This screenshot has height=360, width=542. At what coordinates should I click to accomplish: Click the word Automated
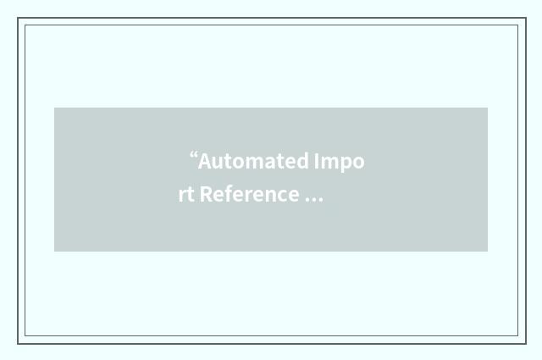pyautogui.click(x=254, y=161)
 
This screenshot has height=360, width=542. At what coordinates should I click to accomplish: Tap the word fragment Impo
pyautogui.click(x=340, y=161)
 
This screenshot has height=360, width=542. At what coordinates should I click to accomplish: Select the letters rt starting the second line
pyautogui.click(x=186, y=194)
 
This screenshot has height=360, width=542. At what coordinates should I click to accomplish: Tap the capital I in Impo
pyautogui.click(x=318, y=161)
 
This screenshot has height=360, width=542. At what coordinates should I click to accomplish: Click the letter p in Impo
pyautogui.click(x=346, y=163)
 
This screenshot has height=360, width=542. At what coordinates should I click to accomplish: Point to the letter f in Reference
pyautogui.click(x=227, y=193)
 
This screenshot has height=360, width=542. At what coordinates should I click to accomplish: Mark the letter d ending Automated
pyautogui.click(x=303, y=161)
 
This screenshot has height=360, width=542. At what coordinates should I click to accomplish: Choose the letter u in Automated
pyautogui.click(x=216, y=162)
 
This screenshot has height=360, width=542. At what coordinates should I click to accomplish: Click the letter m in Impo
pyautogui.click(x=330, y=162)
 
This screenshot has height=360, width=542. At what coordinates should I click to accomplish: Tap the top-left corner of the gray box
pyautogui.click(x=54, y=108)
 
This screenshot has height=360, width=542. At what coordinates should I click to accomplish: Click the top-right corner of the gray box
pyautogui.click(x=488, y=108)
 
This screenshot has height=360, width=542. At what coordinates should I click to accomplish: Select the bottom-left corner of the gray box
pyautogui.click(x=54, y=252)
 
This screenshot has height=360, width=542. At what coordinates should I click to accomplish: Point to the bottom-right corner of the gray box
pyautogui.click(x=488, y=252)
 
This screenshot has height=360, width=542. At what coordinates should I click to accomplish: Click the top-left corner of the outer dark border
pyautogui.click(x=18, y=19)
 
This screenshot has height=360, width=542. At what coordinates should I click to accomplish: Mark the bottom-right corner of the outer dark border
pyautogui.click(x=525, y=343)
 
